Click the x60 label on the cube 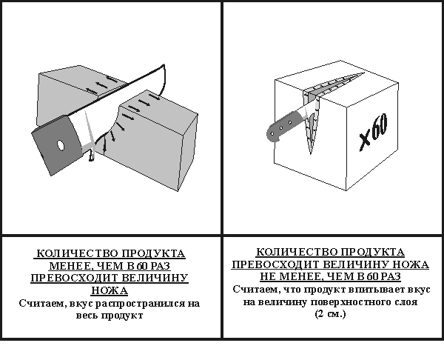click(x=374, y=132)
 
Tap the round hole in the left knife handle click(x=61, y=145)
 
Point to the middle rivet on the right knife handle click(x=280, y=128)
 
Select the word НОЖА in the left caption click(x=110, y=290)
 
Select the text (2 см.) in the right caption click(x=331, y=314)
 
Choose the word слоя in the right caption click(x=406, y=302)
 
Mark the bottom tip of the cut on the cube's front click(x=311, y=154)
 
